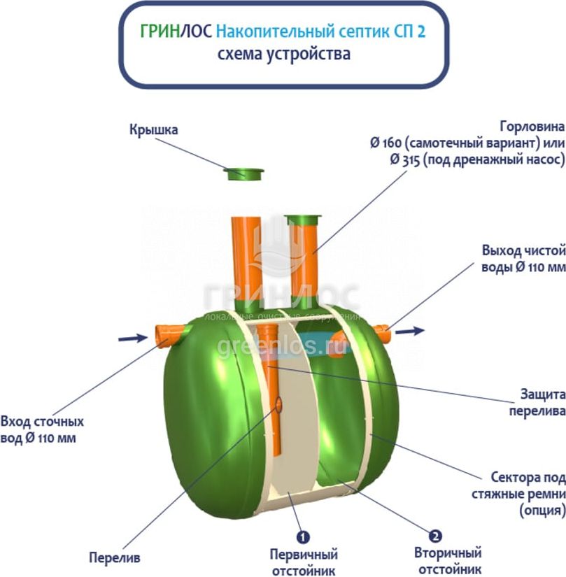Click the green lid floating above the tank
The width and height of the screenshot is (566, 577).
coord(244,173)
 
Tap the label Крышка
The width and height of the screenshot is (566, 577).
coord(153,129)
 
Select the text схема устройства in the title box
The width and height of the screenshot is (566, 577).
coord(283,54)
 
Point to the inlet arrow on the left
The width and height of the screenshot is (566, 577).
coord(132,339)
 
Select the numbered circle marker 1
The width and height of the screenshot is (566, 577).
coord(303,537)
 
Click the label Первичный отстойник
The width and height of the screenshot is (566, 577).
coord(304,562)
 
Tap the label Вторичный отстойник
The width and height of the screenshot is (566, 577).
coord(447,562)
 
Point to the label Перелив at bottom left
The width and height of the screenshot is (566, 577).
coord(115,558)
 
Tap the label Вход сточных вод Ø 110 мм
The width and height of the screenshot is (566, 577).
coord(42,430)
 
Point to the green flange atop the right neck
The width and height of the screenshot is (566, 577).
coord(303,221)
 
